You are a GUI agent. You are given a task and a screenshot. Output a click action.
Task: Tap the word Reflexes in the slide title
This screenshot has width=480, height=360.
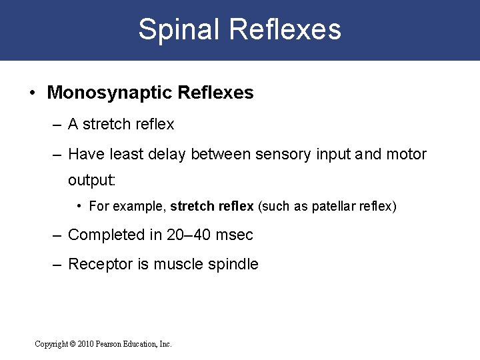pos(285,30)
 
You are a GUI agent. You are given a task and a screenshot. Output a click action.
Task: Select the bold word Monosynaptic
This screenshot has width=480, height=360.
pos(108,93)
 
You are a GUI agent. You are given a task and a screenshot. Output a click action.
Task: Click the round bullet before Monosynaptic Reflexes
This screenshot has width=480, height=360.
pos(33,93)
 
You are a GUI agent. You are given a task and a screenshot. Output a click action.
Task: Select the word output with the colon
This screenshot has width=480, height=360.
pos(92,181)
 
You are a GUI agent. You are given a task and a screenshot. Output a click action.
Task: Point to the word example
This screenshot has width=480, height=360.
pos(139,207)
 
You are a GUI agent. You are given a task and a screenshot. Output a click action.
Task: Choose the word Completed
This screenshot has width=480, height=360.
pos(106,235)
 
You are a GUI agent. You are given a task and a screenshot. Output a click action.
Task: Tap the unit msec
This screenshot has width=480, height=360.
pos(234,235)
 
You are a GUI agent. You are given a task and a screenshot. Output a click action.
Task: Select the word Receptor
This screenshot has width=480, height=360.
pos(101,264)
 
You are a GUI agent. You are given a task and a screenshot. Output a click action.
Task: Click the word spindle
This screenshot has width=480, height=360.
pos(234,264)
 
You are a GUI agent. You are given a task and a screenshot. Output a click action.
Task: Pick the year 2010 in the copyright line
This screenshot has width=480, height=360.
pos(86,344)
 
